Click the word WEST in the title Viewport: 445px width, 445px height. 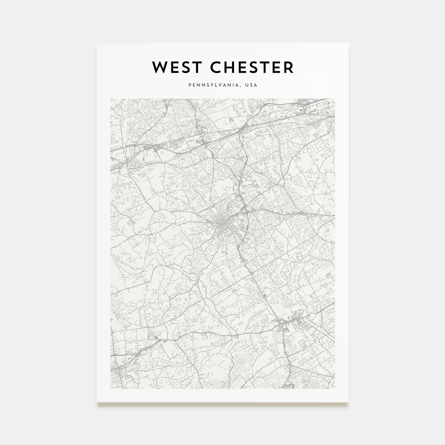click(175, 67)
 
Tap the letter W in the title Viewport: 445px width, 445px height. click(159, 67)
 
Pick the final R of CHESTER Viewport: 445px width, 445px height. click(288, 67)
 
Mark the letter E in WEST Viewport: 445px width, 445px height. click(173, 67)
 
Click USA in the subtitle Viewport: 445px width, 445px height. click(252, 85)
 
